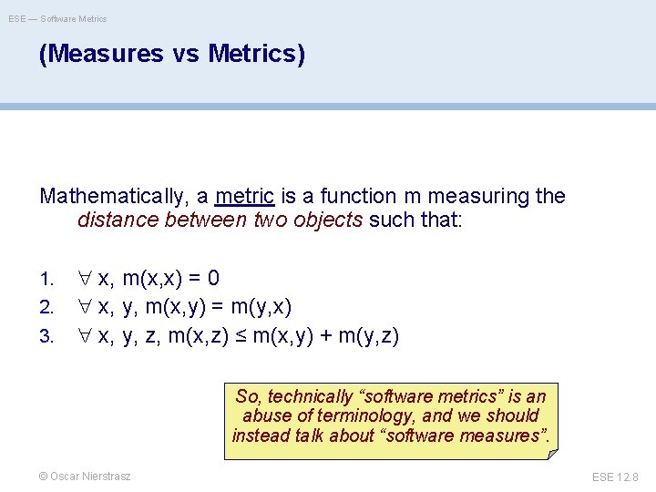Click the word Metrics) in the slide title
coord(256,55)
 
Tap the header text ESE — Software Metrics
coord(58,18)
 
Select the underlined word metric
coord(245,196)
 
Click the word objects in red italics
coord(328,220)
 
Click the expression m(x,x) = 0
coord(170,278)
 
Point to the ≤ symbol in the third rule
coord(240,336)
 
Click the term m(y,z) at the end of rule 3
coord(369,336)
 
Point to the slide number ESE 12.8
coord(615,477)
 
